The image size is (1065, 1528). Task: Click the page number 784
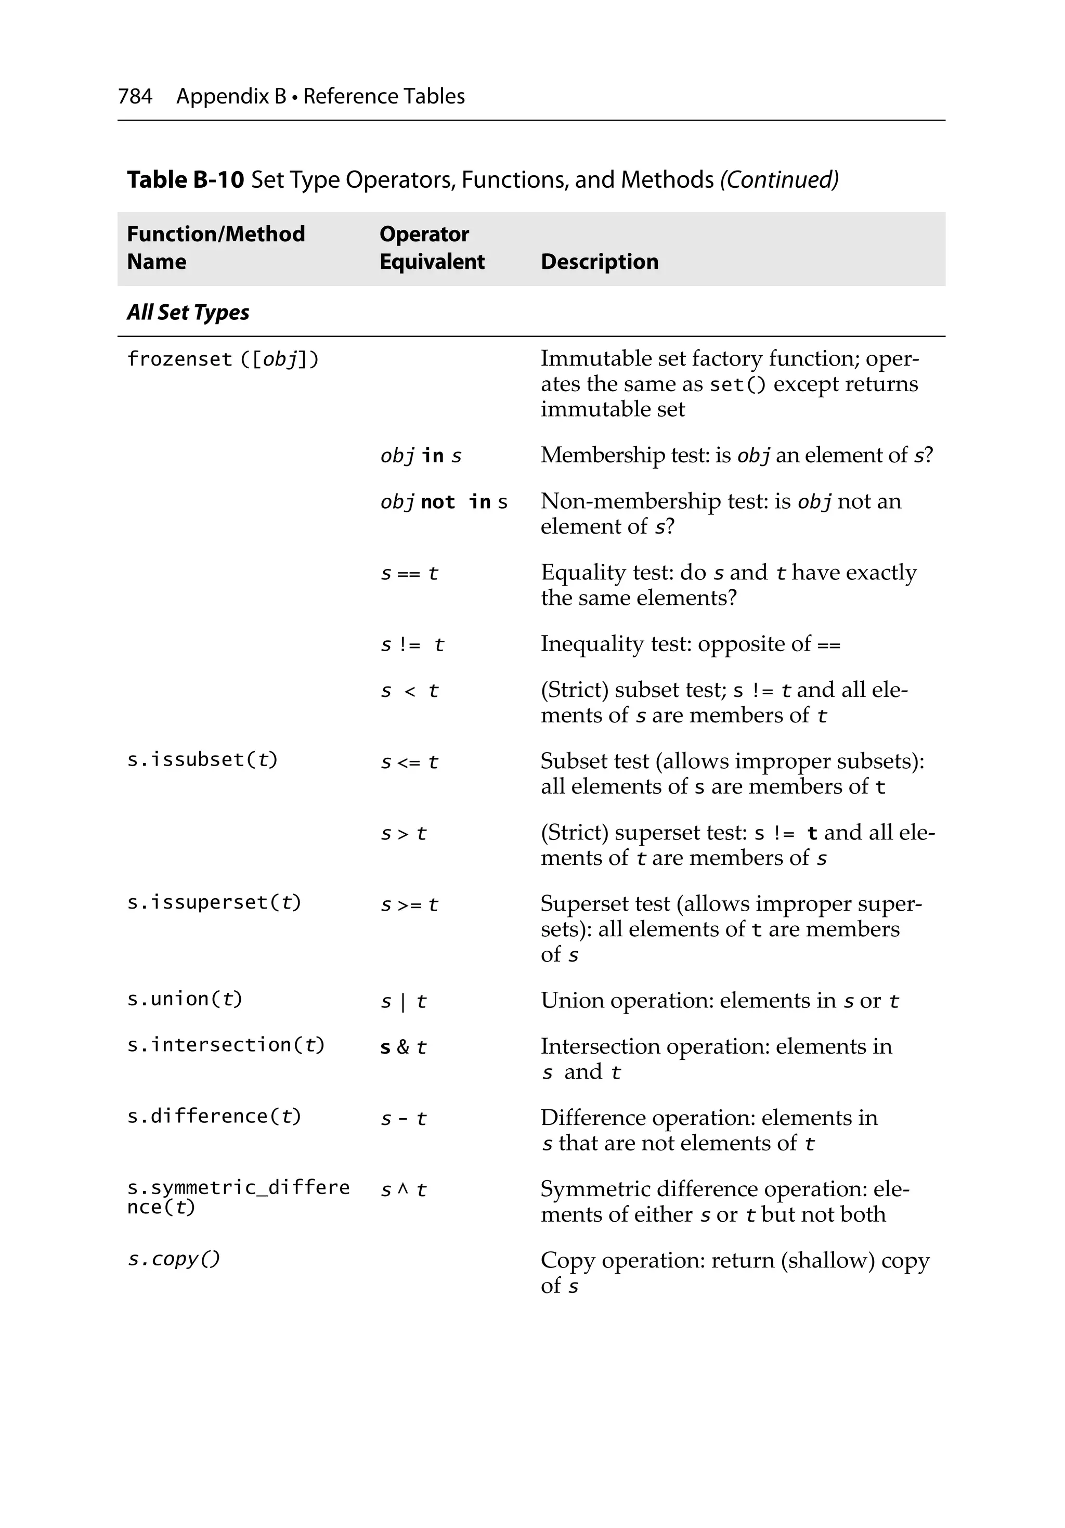pos(135,97)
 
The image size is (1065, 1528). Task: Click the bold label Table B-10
pos(185,179)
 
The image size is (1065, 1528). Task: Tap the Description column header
pos(599,262)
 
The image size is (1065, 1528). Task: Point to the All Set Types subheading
pos(188,312)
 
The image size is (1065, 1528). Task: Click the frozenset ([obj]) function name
pos(223,359)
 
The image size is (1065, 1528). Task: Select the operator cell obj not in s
pos(443,502)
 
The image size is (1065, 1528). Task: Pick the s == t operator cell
pos(409,573)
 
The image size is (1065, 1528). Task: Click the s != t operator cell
pos(411,644)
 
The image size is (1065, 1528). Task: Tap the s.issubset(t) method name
pos(202,759)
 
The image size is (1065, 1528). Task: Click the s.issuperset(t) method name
pos(214,902)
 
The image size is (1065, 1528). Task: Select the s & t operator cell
pos(402,1047)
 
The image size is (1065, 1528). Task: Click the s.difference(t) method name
pos(214,1116)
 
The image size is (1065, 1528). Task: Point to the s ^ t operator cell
pos(402,1189)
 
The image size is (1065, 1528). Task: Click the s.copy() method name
pos(173,1259)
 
